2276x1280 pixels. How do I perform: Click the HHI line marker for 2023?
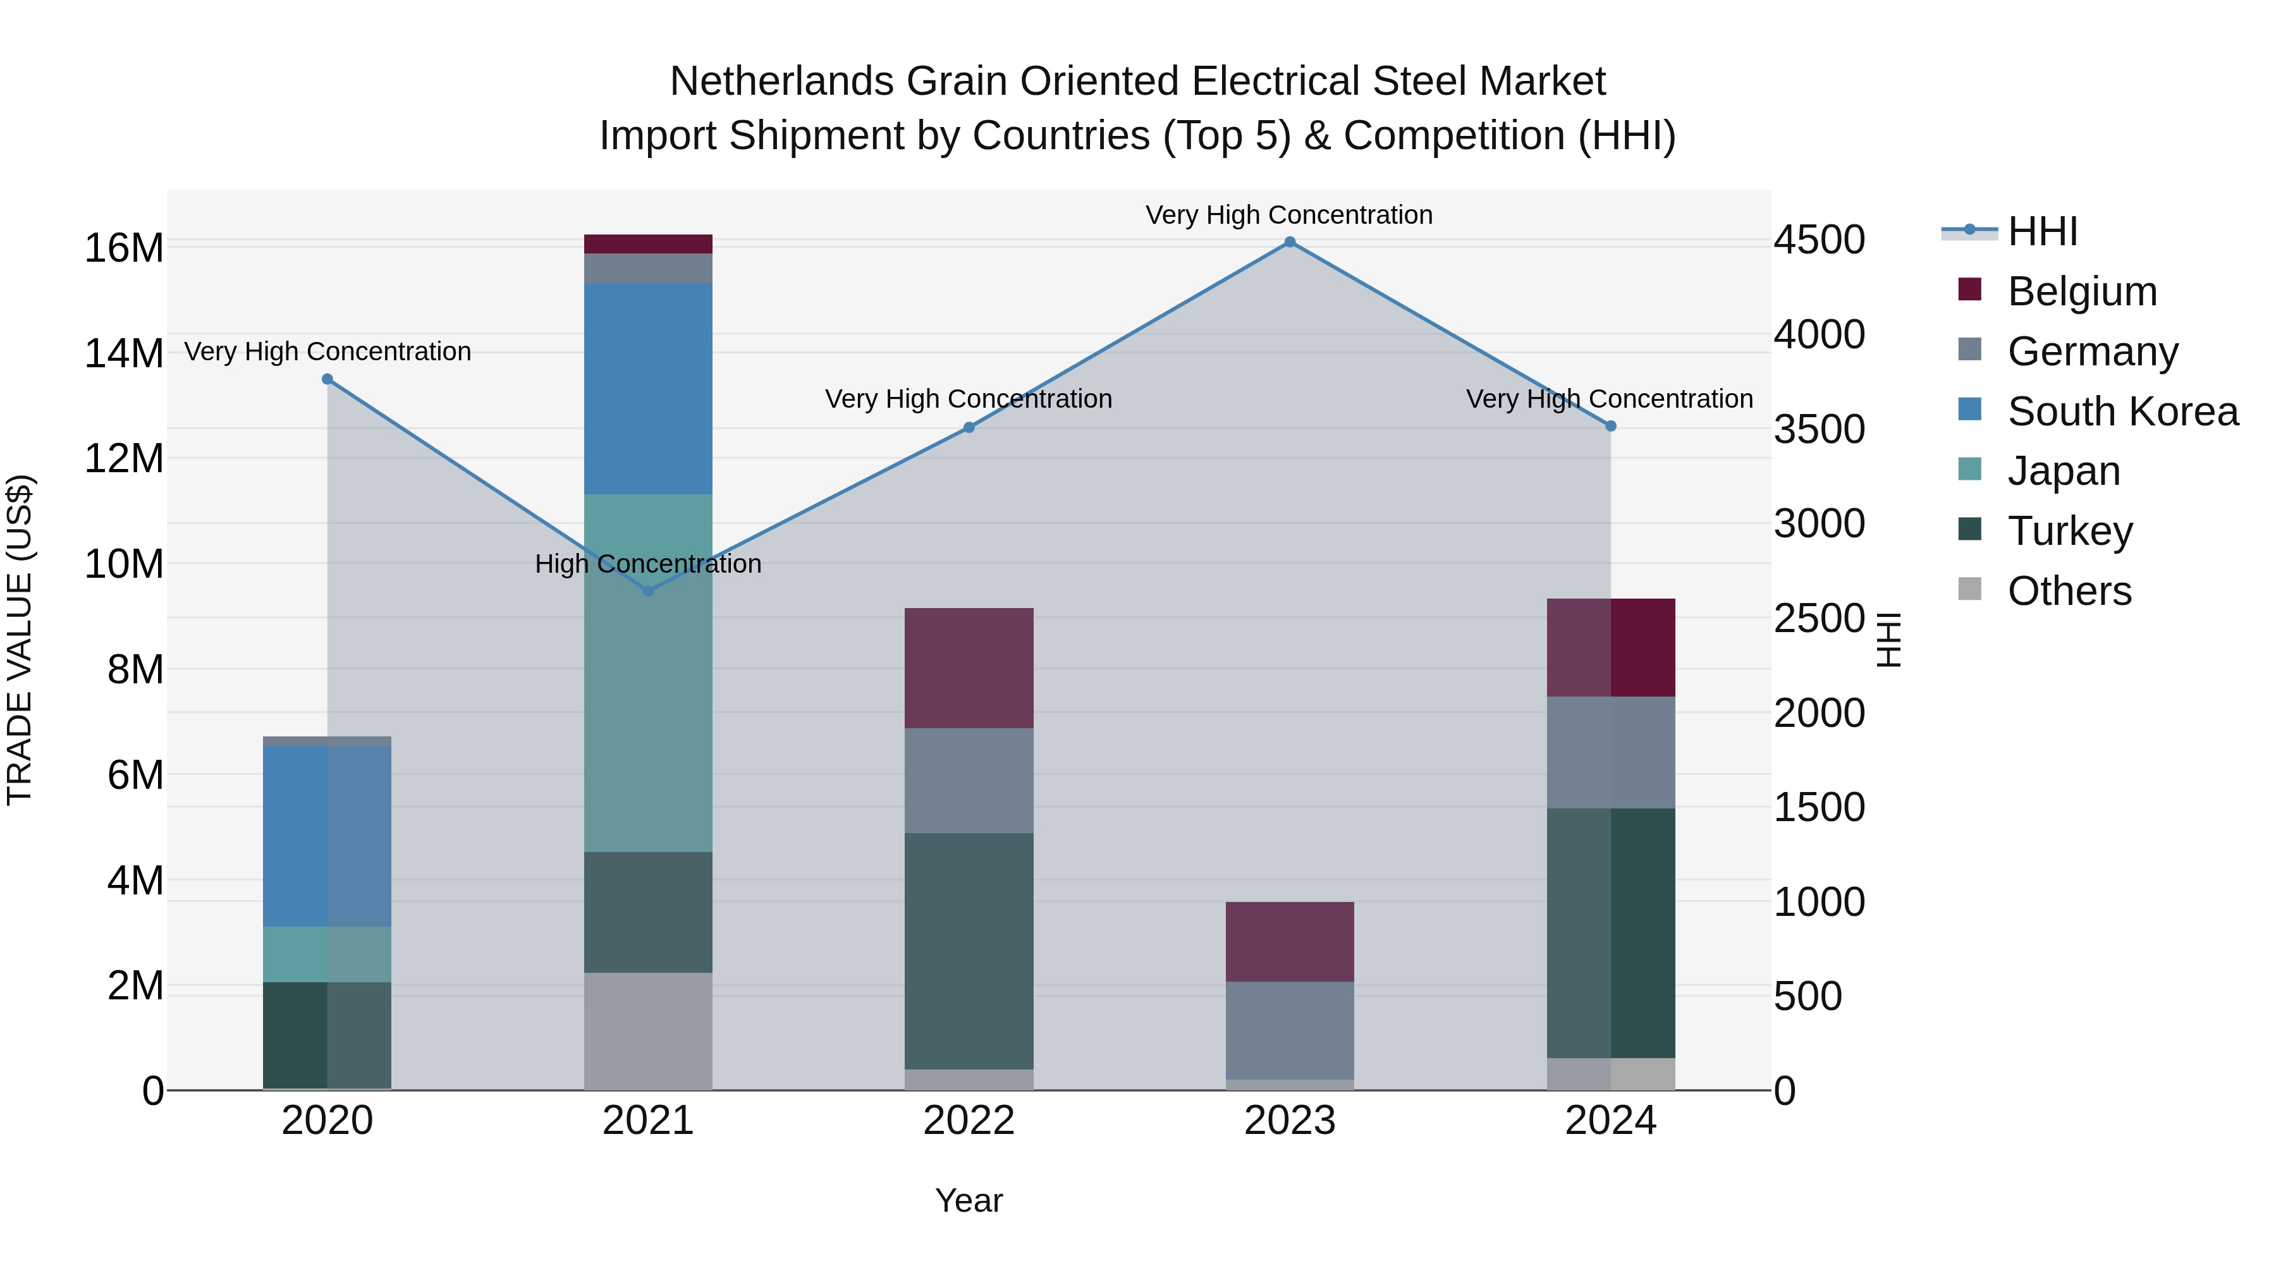click(1289, 242)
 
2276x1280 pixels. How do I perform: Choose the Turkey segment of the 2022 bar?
click(969, 951)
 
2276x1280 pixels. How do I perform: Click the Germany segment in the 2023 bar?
click(1289, 1030)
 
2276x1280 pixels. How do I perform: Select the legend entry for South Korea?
click(2122, 411)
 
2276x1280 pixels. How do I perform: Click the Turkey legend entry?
click(2069, 531)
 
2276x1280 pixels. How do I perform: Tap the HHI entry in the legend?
click(2042, 231)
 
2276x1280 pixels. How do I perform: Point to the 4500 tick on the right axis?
click(1818, 240)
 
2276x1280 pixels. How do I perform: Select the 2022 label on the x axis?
click(969, 1121)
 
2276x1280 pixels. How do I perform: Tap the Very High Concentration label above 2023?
click(1289, 215)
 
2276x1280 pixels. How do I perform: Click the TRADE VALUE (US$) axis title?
click(20, 640)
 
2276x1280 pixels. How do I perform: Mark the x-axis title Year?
click(969, 1200)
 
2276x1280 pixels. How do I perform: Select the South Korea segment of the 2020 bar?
click(327, 836)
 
